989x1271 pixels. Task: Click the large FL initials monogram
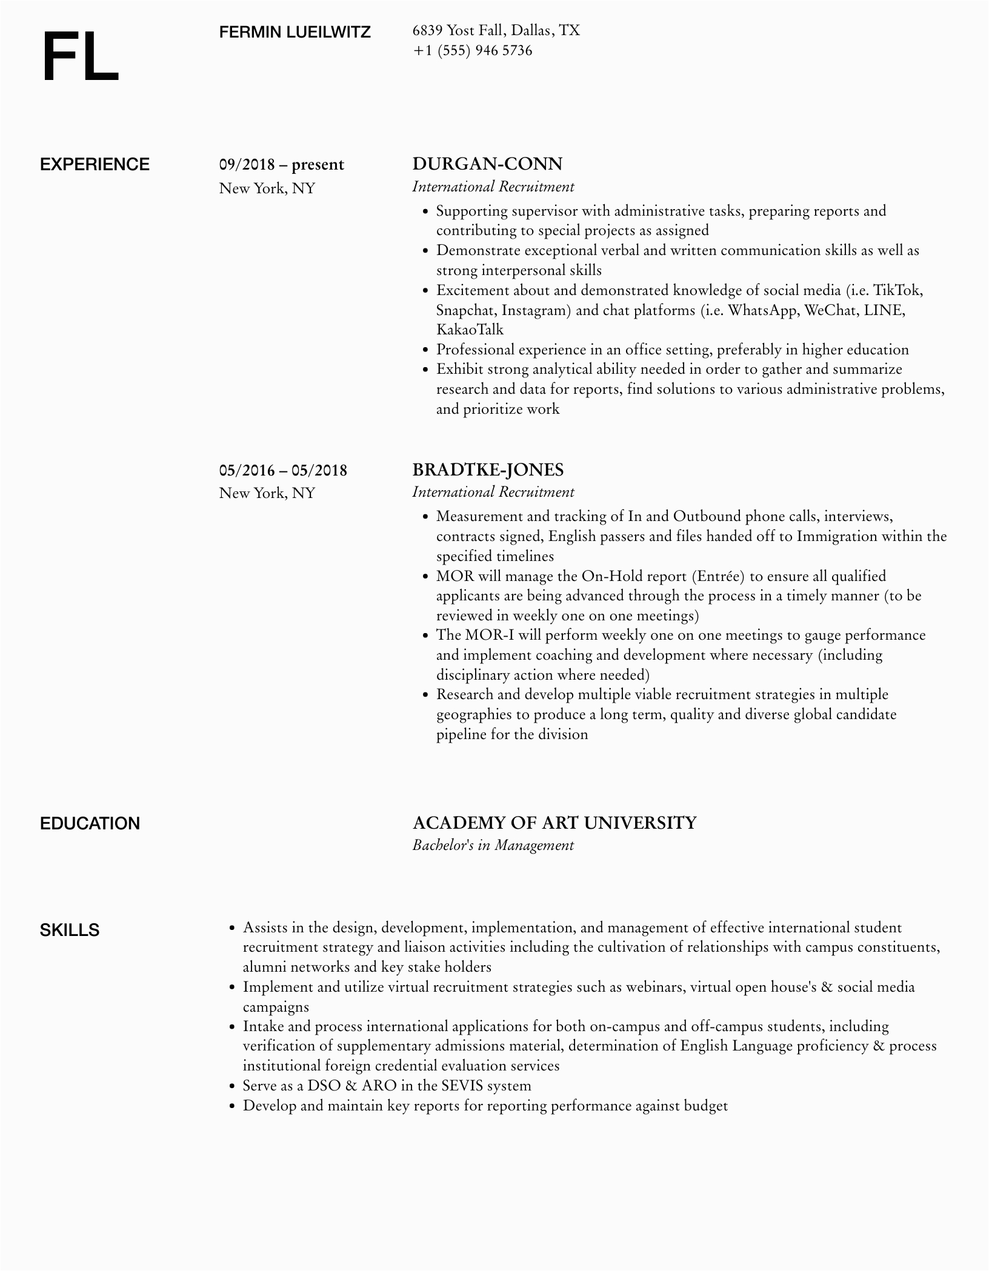[80, 58]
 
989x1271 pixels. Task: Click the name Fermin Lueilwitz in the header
[295, 32]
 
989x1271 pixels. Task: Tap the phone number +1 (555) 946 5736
[472, 51]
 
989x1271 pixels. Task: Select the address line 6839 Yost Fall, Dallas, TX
[496, 30]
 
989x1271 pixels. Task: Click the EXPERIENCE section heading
[95, 165]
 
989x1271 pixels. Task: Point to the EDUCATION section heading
[90, 823]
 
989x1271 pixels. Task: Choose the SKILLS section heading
[69, 930]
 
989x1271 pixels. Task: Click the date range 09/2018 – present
[281, 165]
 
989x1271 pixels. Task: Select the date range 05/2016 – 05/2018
[283, 470]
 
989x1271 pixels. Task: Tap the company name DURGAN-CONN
[487, 164]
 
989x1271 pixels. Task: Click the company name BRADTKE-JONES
[488, 470]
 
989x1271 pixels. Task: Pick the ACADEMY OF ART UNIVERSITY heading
[554, 823]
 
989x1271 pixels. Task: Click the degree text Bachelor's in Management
[493, 845]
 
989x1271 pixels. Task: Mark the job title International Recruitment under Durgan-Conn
[493, 187]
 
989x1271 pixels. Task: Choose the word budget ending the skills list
[705, 1106]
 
